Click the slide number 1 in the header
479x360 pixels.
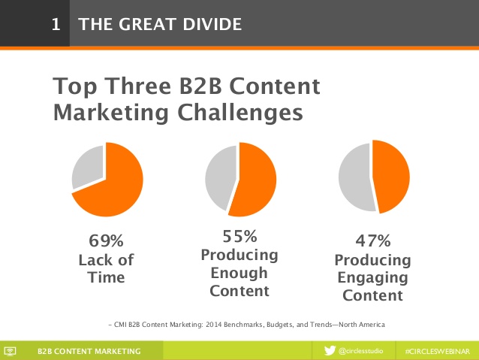pos(56,24)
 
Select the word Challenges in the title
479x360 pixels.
pos(240,113)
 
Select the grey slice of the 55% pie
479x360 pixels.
pos(220,177)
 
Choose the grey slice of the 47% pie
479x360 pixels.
pos(354,177)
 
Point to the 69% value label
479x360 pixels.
pos(107,241)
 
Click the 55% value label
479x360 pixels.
pos(239,237)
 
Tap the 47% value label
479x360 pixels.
pos(373,241)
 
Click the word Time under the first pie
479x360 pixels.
pos(107,277)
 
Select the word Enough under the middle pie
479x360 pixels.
pos(239,273)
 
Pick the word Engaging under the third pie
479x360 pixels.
pos(372,278)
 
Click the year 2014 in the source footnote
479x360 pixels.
pos(213,325)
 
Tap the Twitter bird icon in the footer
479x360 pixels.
pos(330,350)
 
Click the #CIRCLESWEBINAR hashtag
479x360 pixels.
pos(438,352)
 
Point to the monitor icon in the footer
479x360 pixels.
pos(10,351)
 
